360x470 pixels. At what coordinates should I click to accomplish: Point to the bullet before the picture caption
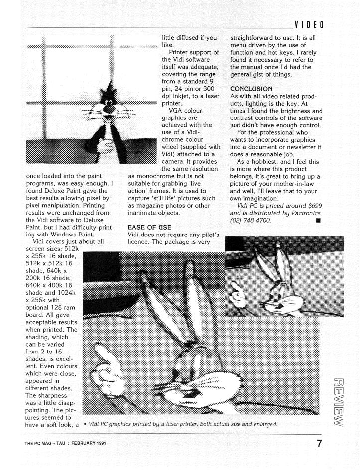tap(86, 424)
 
